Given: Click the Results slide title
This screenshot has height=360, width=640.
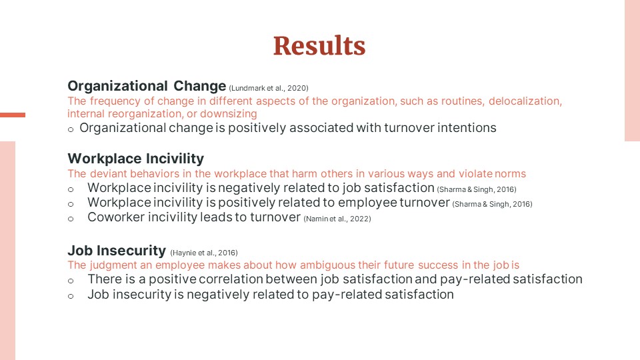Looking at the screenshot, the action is click(x=319, y=45).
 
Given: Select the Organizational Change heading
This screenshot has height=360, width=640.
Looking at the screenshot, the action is click(x=147, y=86).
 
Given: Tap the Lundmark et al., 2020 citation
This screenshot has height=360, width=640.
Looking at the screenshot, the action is click(x=269, y=88).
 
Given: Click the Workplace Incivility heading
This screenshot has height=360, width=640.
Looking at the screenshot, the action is click(x=136, y=159).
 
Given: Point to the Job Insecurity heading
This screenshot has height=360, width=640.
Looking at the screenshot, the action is click(x=117, y=250).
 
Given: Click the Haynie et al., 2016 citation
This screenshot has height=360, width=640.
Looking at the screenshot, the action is click(x=204, y=253).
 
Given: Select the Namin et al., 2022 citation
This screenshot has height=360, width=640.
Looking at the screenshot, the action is click(x=337, y=219).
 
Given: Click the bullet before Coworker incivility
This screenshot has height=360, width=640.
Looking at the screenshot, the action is click(x=71, y=219).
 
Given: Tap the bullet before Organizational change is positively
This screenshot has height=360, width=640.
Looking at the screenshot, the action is click(x=71, y=130).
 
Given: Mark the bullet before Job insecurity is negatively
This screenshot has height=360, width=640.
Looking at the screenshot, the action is click(x=71, y=296).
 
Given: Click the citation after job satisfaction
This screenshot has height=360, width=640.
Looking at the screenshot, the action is click(x=477, y=189).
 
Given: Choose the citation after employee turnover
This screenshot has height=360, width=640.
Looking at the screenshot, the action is click(x=492, y=204).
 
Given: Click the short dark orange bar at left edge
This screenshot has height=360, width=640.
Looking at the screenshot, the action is click(x=13, y=115).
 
